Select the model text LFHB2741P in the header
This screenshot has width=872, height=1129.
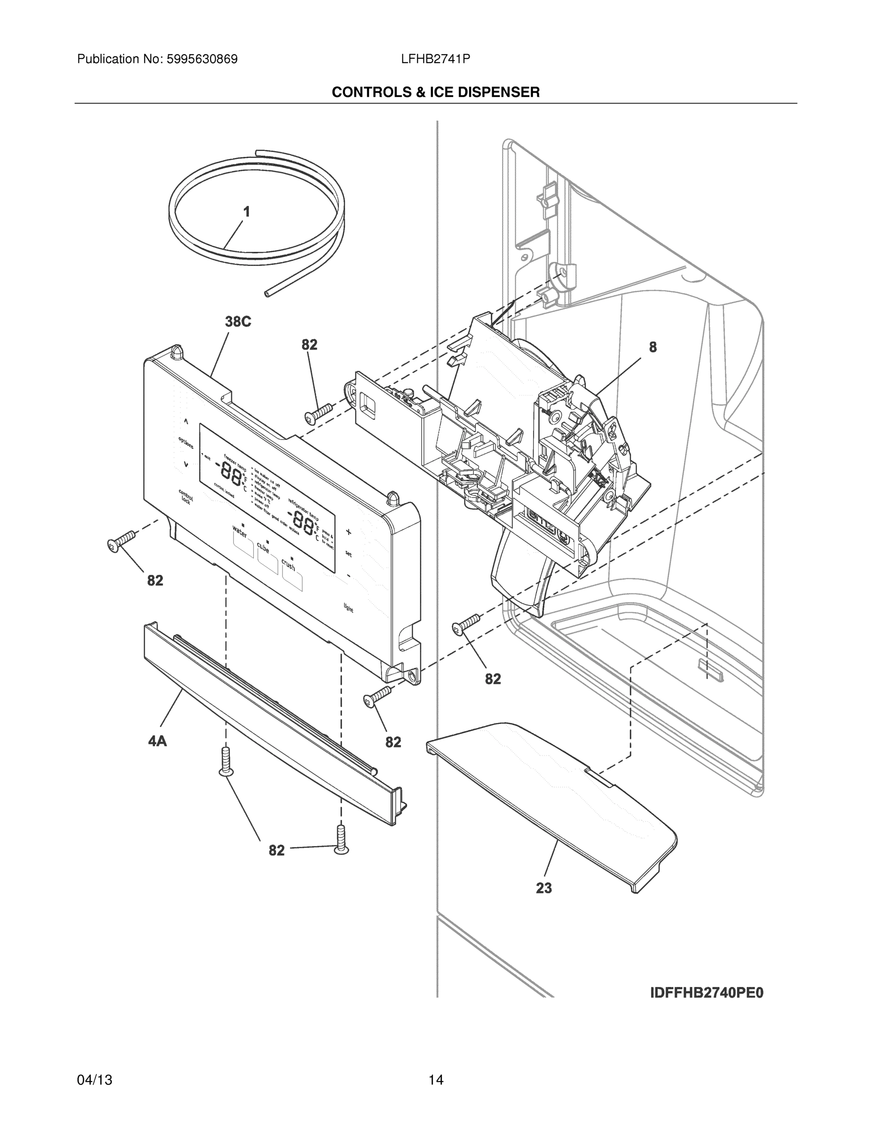[435, 59]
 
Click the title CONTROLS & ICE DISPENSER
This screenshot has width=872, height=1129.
[435, 93]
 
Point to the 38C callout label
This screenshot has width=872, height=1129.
[238, 322]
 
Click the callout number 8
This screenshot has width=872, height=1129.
[653, 347]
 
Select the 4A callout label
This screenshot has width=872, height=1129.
[157, 741]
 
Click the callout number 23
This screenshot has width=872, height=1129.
[543, 888]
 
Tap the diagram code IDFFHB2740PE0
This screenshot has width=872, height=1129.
[706, 993]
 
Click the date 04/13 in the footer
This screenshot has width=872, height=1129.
[94, 1080]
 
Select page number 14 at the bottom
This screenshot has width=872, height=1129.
[435, 1080]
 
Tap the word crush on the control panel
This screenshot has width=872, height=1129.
[288, 564]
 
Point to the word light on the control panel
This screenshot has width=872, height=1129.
[349, 607]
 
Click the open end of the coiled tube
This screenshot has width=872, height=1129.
[267, 294]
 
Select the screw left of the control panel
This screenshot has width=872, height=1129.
[121, 541]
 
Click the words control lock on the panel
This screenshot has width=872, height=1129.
[185, 496]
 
